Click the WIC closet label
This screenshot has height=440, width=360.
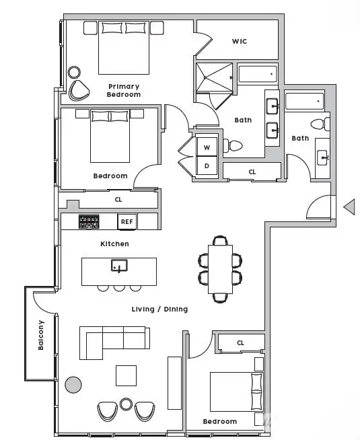240,41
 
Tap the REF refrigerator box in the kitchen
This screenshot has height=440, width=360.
127,222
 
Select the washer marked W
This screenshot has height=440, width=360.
207,147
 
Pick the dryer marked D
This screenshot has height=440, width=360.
207,166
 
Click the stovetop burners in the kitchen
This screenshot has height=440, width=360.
89,221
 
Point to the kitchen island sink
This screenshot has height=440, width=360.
119,266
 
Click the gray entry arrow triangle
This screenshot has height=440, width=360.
349,207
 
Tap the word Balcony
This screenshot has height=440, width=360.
41,335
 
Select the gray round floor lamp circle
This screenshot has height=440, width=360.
73,385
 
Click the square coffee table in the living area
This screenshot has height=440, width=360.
127,375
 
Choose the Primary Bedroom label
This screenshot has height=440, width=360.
124,90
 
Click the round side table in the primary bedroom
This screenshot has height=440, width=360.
74,73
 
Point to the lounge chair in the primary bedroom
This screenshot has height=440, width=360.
79,91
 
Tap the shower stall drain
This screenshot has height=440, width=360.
205,77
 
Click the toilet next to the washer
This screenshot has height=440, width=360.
233,145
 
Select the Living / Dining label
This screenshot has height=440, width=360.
159,309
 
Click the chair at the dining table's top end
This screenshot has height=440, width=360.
220,240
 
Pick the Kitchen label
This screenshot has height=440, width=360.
115,244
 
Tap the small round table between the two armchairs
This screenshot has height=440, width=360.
126,404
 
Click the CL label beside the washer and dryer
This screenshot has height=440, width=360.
252,172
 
